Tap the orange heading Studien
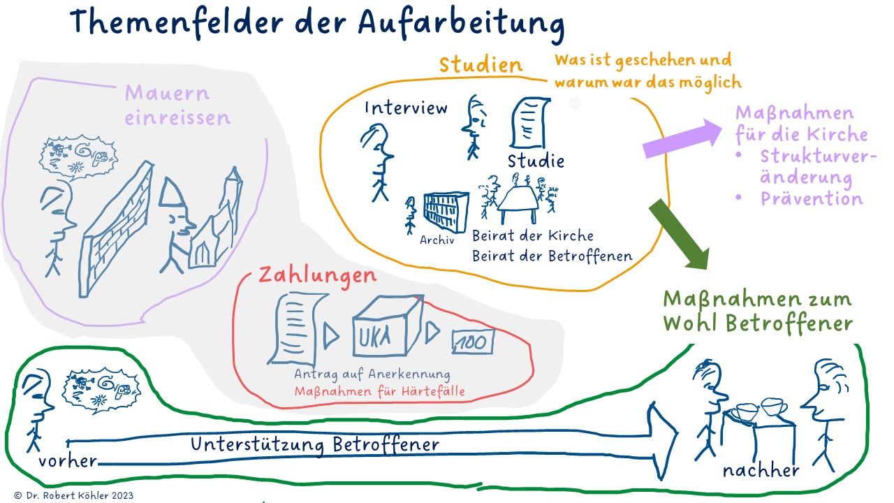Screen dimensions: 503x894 (481, 65)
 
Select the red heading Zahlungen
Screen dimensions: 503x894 (317, 274)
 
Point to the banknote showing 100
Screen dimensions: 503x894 (473, 341)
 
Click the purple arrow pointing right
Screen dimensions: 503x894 (684, 138)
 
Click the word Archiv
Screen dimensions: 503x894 (437, 240)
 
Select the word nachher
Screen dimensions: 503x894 (761, 470)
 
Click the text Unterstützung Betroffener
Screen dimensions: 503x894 (315, 444)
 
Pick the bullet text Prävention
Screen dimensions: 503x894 (812, 198)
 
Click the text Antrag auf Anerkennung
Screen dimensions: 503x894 (372, 374)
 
